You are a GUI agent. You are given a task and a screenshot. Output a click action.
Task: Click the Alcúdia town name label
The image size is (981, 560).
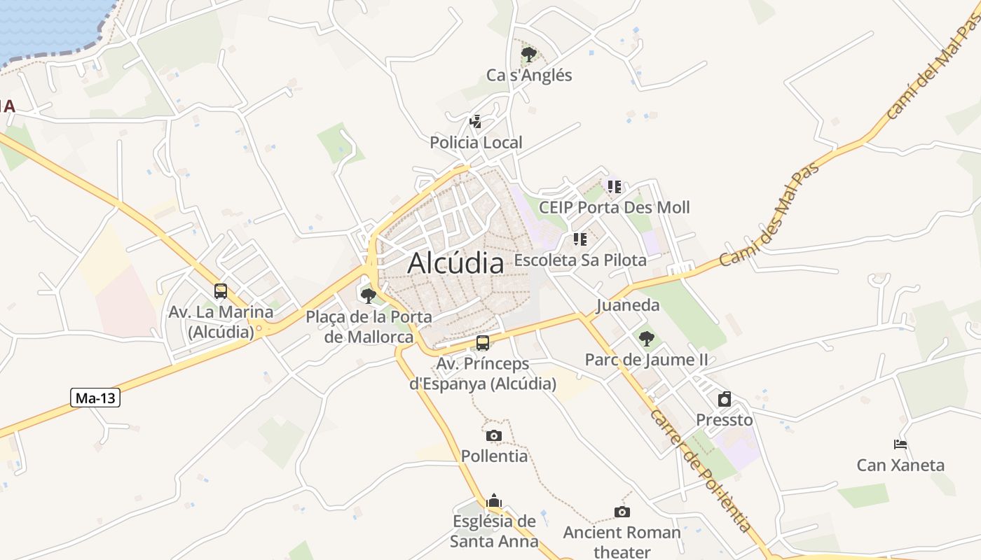[x=455, y=263]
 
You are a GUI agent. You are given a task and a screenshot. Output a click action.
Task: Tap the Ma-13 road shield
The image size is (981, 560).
[x=96, y=398]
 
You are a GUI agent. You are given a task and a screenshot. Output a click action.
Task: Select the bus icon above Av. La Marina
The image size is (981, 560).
[x=221, y=290]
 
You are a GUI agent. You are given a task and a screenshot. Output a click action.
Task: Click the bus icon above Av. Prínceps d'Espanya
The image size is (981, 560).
[x=483, y=343]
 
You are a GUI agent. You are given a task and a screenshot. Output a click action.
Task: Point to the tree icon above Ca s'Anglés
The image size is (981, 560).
[x=529, y=54]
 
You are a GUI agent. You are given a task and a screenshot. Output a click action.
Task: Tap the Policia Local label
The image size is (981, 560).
[x=476, y=143]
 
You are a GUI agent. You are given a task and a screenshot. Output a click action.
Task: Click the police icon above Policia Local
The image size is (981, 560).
[x=476, y=122]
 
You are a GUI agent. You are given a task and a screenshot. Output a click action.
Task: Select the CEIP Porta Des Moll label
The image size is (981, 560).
[x=614, y=207]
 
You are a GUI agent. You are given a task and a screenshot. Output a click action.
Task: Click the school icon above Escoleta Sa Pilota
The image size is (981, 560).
[x=579, y=239]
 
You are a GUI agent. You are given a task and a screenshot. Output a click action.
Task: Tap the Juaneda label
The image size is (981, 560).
[x=628, y=305]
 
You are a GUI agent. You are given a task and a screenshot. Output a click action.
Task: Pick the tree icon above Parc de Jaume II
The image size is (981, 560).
[x=646, y=339]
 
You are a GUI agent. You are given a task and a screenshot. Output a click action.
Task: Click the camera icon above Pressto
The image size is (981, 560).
[x=725, y=399]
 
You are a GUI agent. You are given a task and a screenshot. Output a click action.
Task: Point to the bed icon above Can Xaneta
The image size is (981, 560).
[x=900, y=444]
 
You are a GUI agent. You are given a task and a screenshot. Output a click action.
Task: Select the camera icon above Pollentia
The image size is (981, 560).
[x=494, y=435]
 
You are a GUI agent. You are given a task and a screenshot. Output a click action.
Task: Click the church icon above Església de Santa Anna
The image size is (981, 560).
[x=494, y=500]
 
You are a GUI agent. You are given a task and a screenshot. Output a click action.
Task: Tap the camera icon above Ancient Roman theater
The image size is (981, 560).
[x=622, y=512]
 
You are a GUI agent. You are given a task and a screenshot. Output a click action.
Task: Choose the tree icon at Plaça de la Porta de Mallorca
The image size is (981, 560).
[x=369, y=295]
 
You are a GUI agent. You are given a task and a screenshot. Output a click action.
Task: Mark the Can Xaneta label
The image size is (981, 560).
[x=900, y=465]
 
